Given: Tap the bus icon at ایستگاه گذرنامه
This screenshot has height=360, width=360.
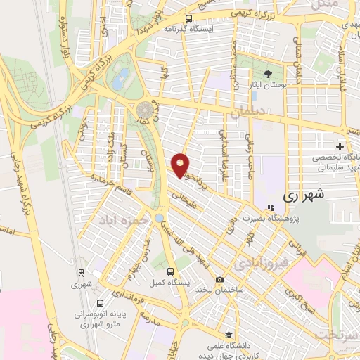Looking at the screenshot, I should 188,20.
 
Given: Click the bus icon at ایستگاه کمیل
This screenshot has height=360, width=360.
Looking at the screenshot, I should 170,271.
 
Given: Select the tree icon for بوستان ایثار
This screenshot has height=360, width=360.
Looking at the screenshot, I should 267,72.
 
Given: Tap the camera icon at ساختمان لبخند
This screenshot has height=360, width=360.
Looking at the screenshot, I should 219,280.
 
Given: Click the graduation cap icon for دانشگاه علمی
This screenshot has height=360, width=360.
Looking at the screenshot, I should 227,335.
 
